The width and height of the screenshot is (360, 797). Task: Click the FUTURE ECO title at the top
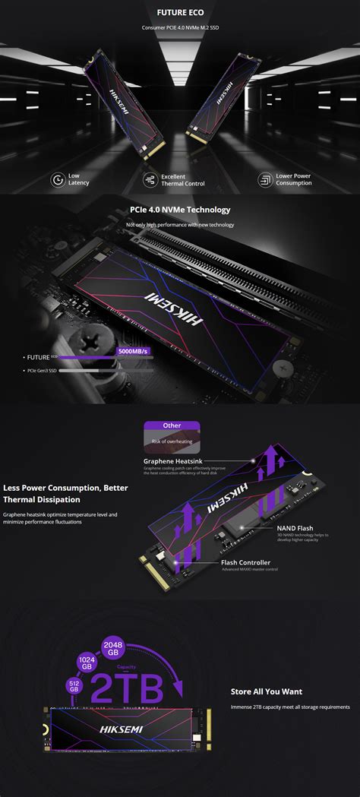[x=179, y=13]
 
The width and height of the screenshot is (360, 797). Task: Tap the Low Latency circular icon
[x=57, y=179]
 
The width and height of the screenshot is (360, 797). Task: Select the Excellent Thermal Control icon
[x=149, y=179]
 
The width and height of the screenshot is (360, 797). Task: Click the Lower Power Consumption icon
[x=265, y=179]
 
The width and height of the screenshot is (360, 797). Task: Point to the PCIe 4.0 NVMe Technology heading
[x=180, y=210]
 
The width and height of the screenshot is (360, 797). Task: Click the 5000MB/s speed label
[x=133, y=351]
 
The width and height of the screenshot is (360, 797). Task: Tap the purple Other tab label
[x=172, y=425]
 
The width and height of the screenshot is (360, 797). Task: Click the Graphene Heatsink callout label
[x=172, y=460]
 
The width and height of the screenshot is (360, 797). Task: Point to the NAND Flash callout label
[x=295, y=528]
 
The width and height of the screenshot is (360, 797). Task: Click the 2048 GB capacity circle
[x=113, y=647]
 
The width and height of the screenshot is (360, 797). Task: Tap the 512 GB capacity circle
[x=74, y=684]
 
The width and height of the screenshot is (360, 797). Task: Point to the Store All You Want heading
[x=266, y=691]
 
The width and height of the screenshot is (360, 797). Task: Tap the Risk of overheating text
[x=171, y=441]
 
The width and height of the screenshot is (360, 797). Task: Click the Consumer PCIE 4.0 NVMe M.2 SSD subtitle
[x=179, y=28]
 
